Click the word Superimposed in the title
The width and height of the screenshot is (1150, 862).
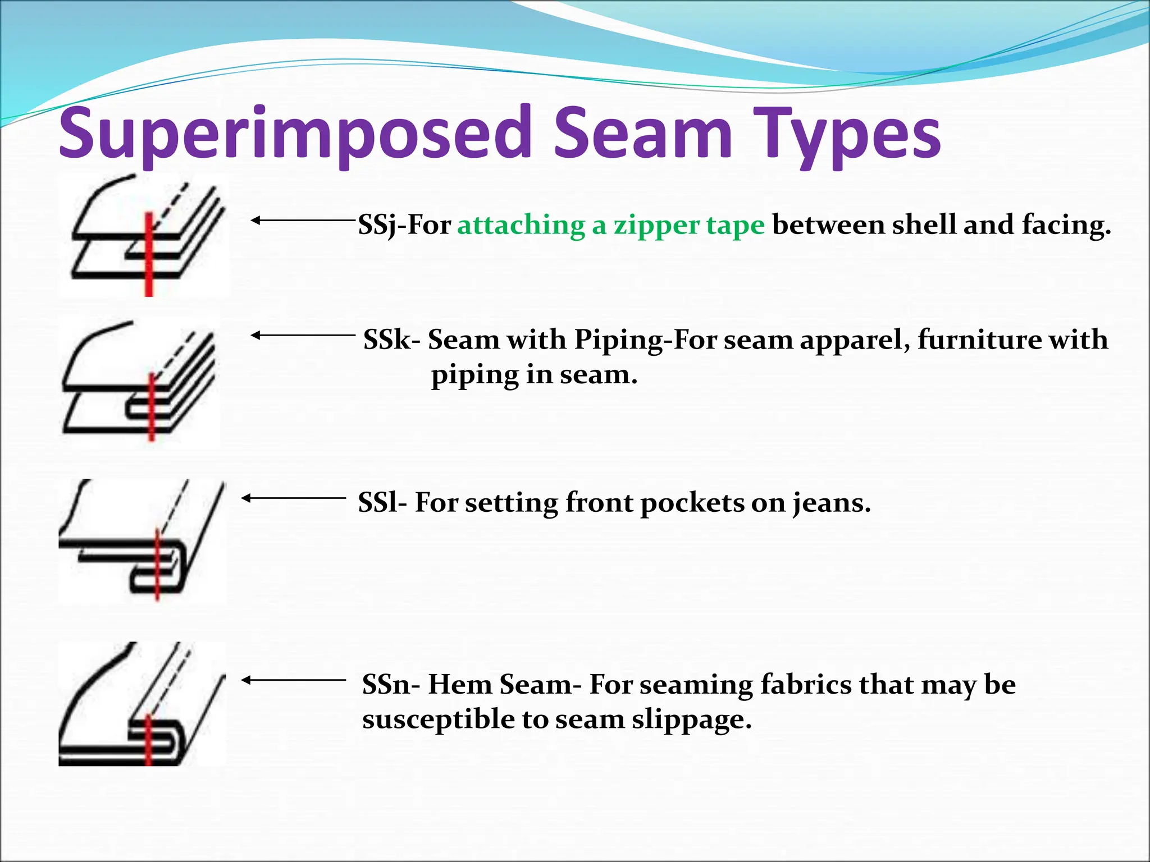coord(295,135)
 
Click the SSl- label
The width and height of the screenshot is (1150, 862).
coord(382,502)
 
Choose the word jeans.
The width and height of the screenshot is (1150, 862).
coord(831,503)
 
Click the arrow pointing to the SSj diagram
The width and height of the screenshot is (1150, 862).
coord(303,221)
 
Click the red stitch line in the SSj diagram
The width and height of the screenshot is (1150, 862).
coord(149,255)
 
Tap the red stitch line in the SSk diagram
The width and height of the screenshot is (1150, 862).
coord(151,407)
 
